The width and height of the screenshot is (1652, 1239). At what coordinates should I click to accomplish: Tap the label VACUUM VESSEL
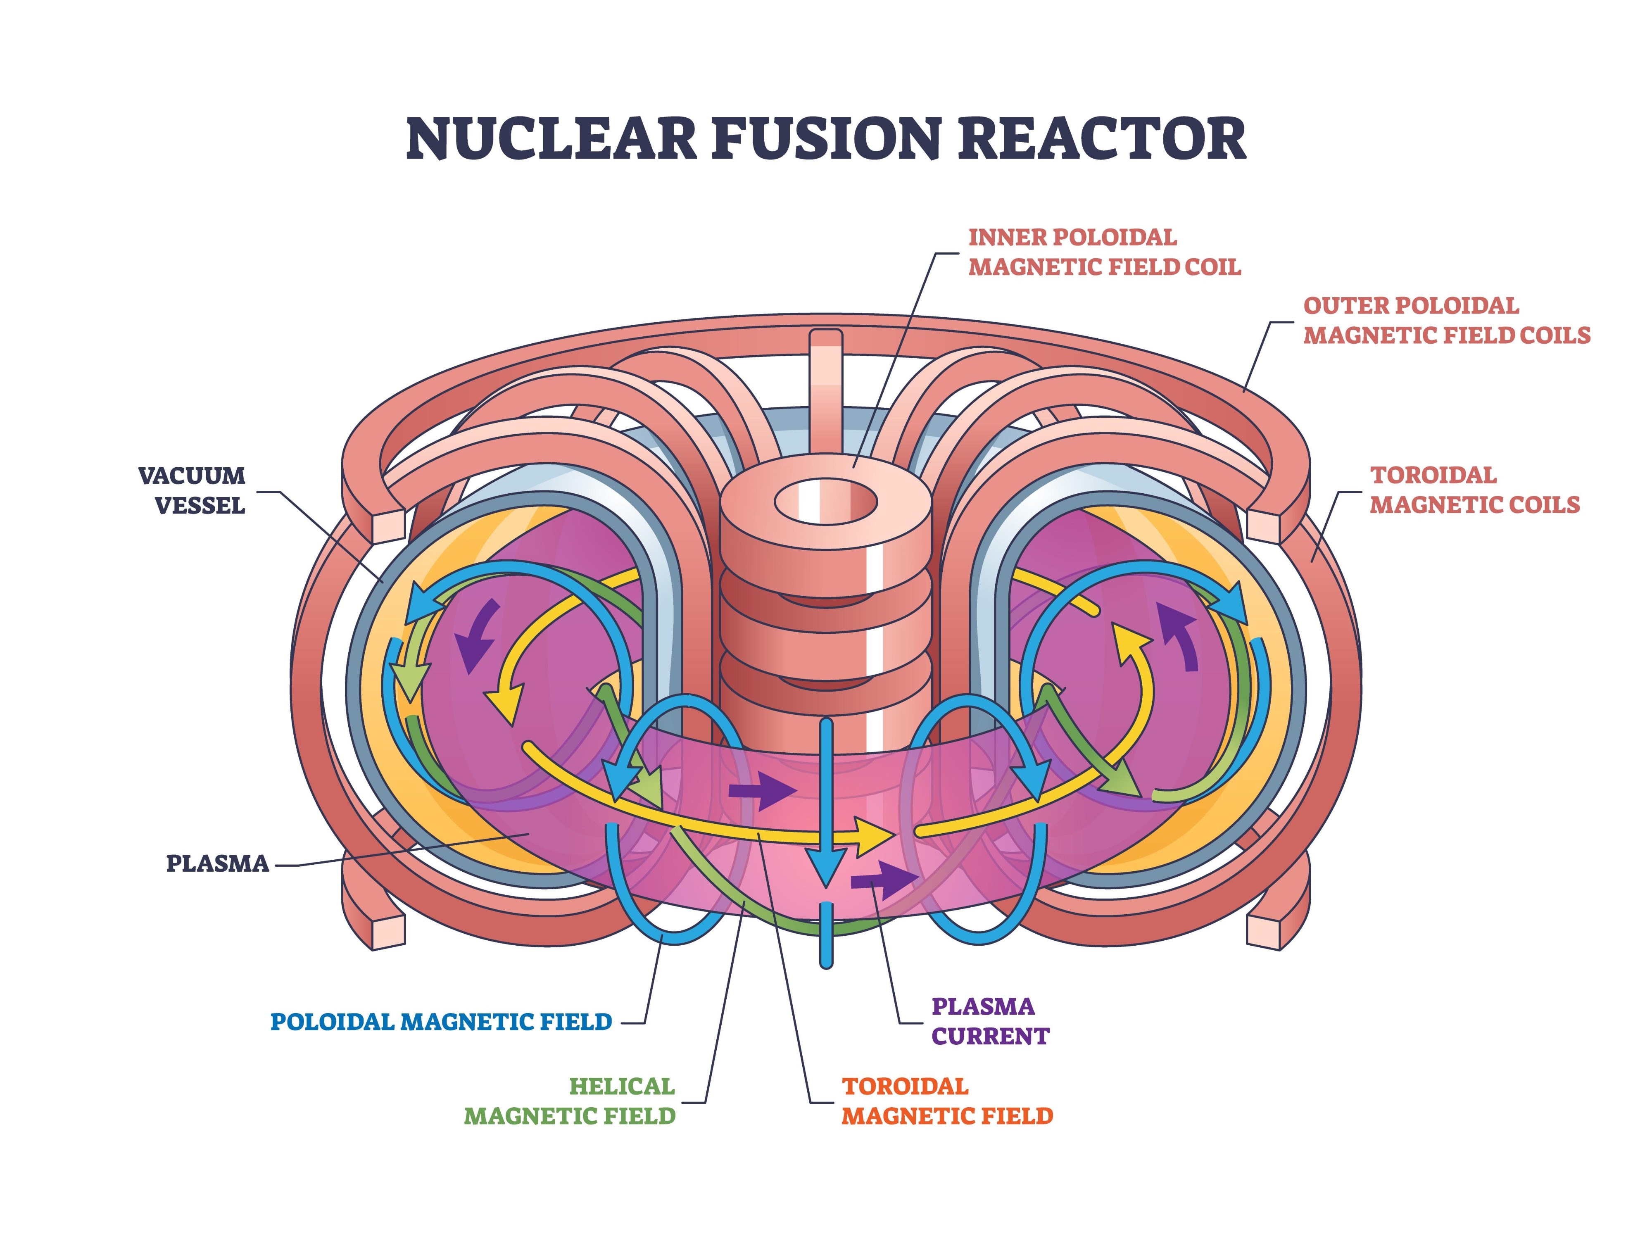(192, 491)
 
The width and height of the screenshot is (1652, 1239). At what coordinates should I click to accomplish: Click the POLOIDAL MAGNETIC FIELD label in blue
(441, 1022)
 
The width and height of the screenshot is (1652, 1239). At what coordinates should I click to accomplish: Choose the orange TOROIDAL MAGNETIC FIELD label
(947, 1101)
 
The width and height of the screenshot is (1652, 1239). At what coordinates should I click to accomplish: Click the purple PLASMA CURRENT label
(989, 1021)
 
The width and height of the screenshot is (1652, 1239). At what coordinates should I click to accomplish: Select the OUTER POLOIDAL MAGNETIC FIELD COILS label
(1447, 321)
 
